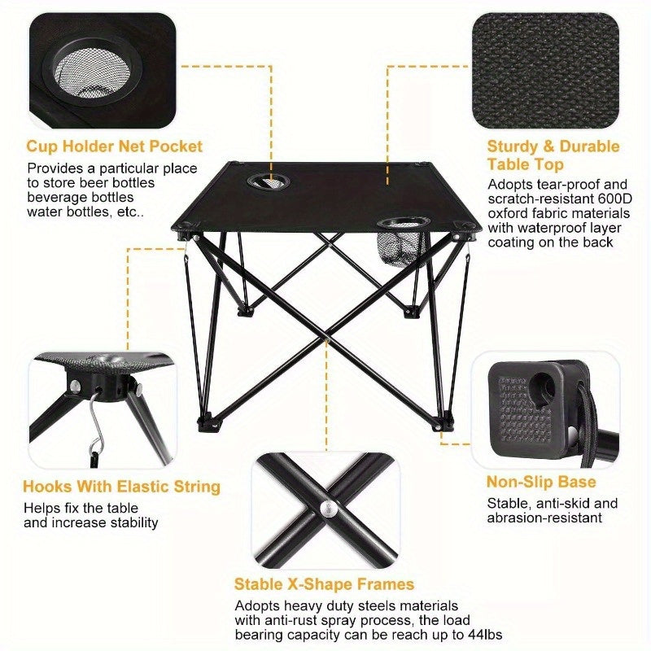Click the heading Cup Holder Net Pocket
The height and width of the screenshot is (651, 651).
point(115,147)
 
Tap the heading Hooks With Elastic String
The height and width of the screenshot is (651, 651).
point(121,487)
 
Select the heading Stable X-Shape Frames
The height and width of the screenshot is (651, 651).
point(324,584)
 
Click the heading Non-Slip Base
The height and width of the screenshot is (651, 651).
point(541,482)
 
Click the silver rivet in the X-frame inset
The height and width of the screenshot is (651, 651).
point(327,509)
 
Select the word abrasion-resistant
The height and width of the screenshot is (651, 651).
point(544,518)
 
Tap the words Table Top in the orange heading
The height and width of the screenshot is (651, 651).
point(526,165)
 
